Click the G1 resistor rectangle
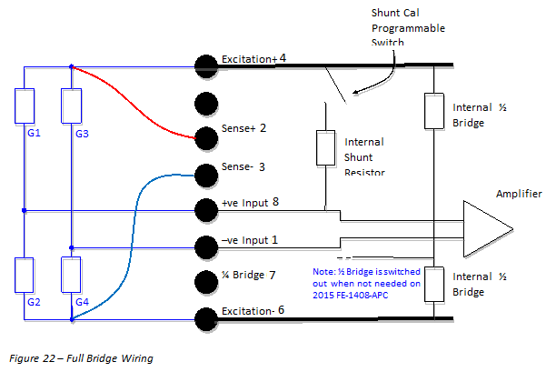coord(25,106)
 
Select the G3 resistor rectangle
coord(71,106)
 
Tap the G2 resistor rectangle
coord(25,273)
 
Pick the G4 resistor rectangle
coord(71,273)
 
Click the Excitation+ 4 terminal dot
coord(206,65)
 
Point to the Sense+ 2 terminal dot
coord(206,137)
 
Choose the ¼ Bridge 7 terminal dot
coord(206,280)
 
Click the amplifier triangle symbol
coord(486,228)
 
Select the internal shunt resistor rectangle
coord(325,148)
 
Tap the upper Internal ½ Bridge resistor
coord(434,110)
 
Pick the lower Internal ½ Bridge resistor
coord(434,284)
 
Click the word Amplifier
coord(519,194)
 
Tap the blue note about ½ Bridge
coord(368,283)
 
